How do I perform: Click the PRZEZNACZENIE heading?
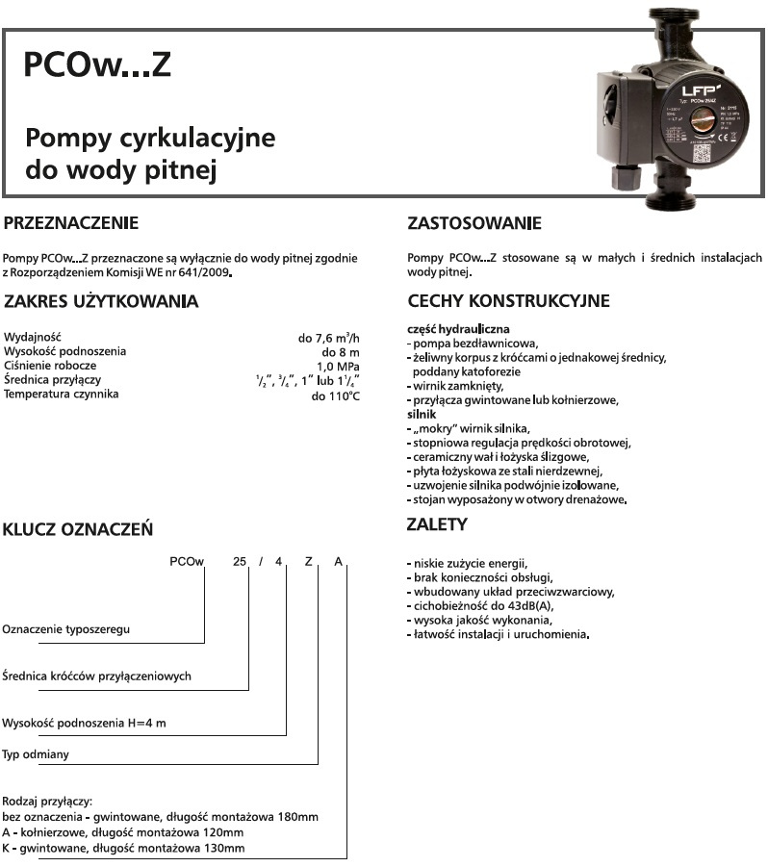click(71, 224)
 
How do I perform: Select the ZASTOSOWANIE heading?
click(474, 224)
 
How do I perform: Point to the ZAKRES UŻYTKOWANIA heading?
click(101, 302)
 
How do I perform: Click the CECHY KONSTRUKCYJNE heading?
click(508, 301)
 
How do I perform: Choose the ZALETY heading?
click(438, 525)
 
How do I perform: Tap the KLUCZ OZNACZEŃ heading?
click(78, 529)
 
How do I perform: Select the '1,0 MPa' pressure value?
click(338, 367)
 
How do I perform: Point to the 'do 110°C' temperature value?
click(335, 395)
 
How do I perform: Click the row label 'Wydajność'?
click(33, 338)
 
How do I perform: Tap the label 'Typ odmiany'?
click(37, 754)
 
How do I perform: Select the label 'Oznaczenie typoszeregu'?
click(66, 628)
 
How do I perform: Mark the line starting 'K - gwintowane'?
click(124, 848)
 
